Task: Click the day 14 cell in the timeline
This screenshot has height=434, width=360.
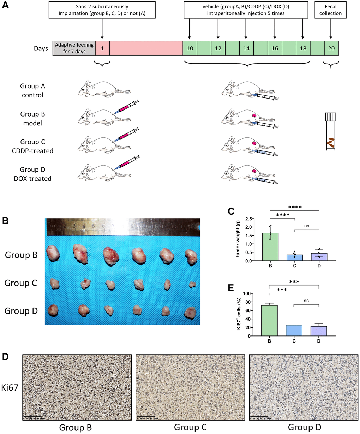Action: pyautogui.click(x=246, y=48)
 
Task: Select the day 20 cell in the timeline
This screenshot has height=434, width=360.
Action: pyautogui.click(x=331, y=48)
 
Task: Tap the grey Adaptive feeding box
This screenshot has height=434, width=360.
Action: pyautogui.click(x=74, y=48)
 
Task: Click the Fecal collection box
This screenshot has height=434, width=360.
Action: pyautogui.click(x=331, y=10)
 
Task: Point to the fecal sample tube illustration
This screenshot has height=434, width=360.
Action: pyautogui.click(x=330, y=131)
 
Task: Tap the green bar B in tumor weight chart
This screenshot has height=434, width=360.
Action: pyautogui.click(x=270, y=247)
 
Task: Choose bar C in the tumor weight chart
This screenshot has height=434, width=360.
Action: pyautogui.click(x=294, y=257)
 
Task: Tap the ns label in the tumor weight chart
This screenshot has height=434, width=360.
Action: pyautogui.click(x=306, y=226)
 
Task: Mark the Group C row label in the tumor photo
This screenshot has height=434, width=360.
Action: pyautogui.click(x=21, y=283)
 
